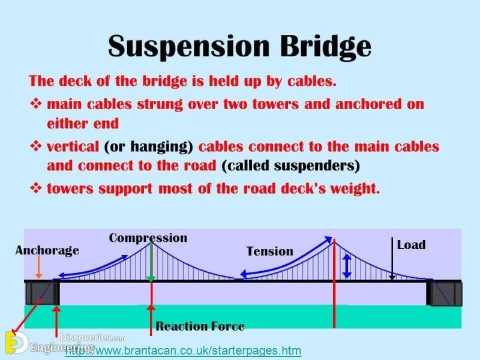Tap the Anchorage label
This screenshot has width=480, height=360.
(47, 250)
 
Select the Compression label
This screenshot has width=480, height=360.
(148, 238)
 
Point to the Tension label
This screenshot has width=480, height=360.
(270, 251)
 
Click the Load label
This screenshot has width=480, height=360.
(411, 245)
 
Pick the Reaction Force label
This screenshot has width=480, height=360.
(200, 326)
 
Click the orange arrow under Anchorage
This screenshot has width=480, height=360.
(38, 268)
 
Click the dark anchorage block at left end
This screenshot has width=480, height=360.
(42, 293)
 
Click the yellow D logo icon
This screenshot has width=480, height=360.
(13, 343)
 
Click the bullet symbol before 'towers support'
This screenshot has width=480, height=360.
(35, 188)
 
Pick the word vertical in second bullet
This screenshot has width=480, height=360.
(73, 146)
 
